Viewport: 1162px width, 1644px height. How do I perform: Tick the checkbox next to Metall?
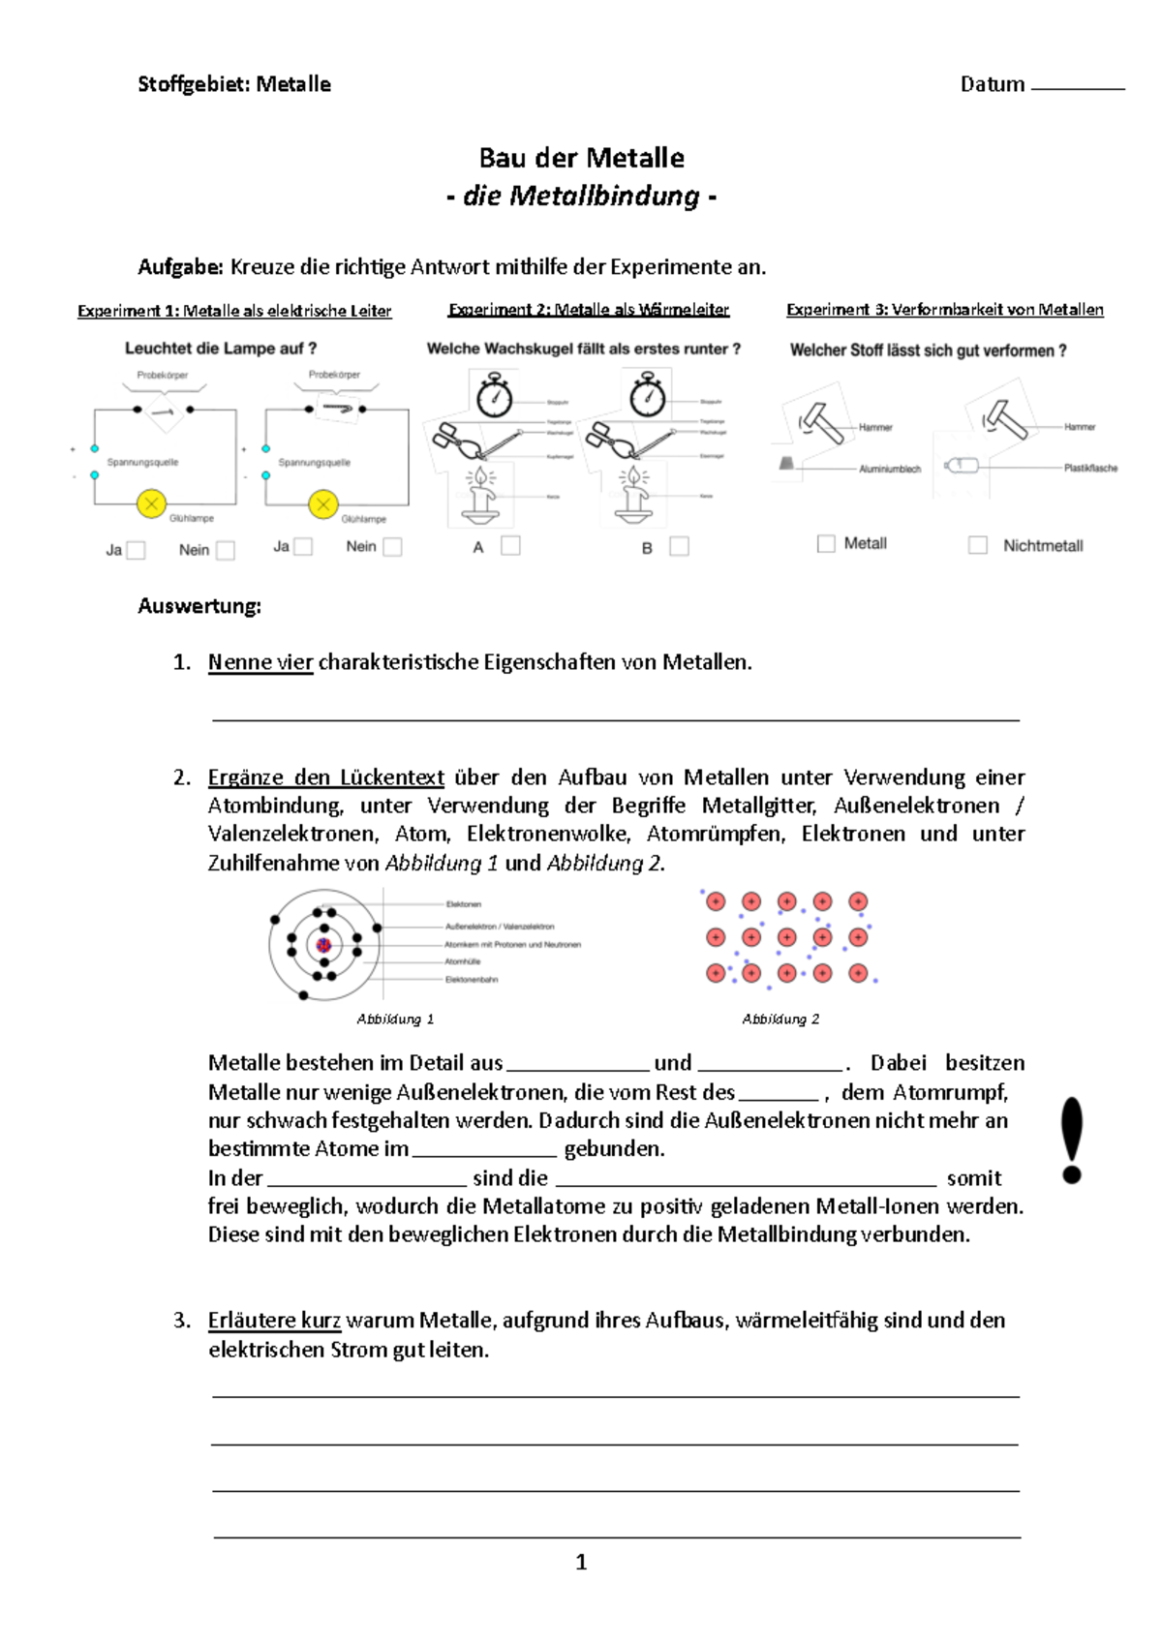[826, 544]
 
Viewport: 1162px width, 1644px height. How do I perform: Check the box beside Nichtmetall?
[978, 545]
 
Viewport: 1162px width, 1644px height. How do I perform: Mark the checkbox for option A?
[510, 546]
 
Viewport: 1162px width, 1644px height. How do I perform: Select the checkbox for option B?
[680, 547]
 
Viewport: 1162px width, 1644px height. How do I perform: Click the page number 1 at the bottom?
[581, 1562]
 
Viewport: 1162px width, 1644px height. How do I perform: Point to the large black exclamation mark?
[1072, 1140]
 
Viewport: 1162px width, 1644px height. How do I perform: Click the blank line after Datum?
[1078, 86]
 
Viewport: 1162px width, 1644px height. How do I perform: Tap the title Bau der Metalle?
[581, 158]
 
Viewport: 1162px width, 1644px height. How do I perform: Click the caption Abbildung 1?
[395, 1019]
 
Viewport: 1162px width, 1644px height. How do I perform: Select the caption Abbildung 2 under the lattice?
[780, 1019]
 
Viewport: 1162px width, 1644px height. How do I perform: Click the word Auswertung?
[199, 606]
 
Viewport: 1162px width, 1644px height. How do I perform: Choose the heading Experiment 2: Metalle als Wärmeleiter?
[589, 310]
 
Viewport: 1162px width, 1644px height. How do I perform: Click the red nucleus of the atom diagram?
[323, 945]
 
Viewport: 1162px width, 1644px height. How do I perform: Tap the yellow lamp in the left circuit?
[151, 503]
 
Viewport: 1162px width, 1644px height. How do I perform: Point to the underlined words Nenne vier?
[260, 662]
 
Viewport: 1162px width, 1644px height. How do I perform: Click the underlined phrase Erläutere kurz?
[274, 1321]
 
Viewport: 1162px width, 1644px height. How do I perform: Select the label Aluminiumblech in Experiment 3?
[890, 469]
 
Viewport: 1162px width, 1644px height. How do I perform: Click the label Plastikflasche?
[1090, 468]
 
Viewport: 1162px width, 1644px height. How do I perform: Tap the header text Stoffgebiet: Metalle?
[234, 84]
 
